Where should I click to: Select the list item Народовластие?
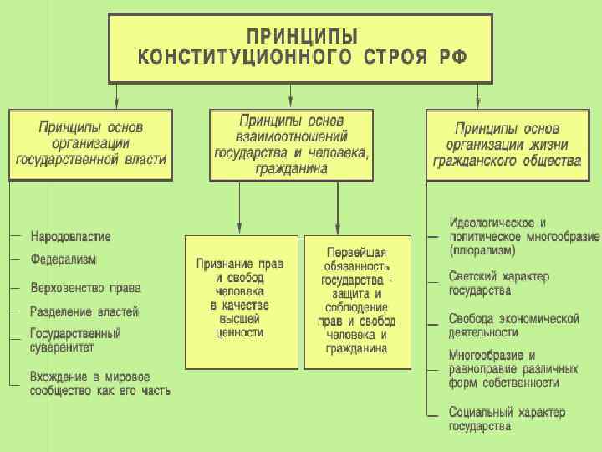tap(71, 236)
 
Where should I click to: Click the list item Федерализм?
tap(64, 259)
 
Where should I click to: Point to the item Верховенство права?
tap(86, 287)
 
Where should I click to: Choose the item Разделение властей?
tap(84, 311)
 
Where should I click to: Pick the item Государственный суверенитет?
tap(76, 340)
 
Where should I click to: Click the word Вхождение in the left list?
tap(59, 376)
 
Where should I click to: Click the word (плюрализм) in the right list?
tap(482, 249)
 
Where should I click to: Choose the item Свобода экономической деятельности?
tap(513, 325)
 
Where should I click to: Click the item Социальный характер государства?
tap(507, 419)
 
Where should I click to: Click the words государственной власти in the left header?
tap(91, 158)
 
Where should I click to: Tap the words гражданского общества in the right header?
tap(507, 158)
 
